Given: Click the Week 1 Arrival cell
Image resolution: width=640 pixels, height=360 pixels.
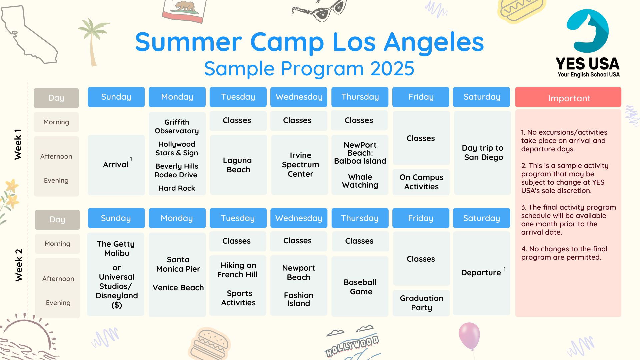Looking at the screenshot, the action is [116, 165].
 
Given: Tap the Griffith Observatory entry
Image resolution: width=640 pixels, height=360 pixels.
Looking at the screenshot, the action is [177, 127].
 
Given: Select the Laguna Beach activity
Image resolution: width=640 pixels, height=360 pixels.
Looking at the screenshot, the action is [238, 165].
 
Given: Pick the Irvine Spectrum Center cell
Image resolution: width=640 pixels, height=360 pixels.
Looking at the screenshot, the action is [300, 165].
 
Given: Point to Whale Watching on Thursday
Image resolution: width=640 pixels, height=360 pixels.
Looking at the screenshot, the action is [360, 181].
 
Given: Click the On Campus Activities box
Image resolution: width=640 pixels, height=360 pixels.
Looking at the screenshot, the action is [421, 182].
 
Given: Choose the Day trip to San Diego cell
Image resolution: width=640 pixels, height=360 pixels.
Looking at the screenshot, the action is [482, 153].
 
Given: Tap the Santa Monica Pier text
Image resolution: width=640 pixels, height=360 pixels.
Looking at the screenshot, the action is [178, 264].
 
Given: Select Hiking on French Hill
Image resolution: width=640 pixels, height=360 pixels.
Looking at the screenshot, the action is [237, 270].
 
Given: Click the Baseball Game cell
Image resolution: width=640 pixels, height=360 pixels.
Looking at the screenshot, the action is [360, 287].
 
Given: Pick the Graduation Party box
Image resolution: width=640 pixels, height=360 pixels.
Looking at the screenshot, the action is [421, 303].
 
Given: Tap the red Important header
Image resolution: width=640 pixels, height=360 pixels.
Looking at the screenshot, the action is [568, 97].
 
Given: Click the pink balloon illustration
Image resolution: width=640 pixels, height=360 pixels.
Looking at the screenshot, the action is [469, 335].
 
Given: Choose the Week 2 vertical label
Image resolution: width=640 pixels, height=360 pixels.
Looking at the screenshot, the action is [19, 265].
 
